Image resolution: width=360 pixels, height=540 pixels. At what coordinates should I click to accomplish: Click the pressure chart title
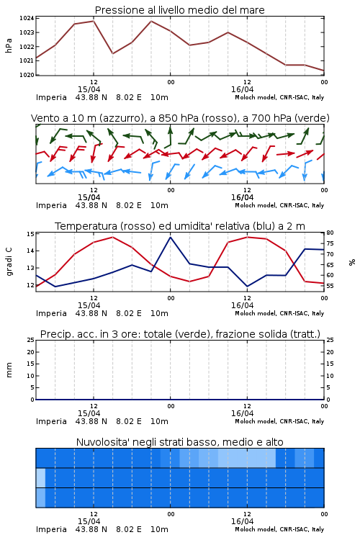[179, 10]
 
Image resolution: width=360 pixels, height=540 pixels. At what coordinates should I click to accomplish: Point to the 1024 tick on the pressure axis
[27, 18]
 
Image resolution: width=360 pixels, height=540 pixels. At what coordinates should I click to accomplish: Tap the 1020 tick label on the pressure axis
[27, 75]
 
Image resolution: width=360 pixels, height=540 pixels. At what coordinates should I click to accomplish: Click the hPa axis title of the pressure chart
[9, 46]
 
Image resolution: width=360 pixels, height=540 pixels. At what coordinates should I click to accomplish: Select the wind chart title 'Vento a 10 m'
[180, 118]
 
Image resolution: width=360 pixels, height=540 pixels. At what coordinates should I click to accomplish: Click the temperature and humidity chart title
[180, 226]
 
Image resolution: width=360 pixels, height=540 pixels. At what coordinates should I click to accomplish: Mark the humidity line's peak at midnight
[170, 237]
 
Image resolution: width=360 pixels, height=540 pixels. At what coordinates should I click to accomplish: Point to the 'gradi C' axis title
[9, 262]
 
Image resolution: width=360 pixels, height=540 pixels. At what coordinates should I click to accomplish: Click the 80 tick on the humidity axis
[330, 233]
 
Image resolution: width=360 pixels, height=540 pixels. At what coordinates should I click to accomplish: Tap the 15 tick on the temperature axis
[30, 234]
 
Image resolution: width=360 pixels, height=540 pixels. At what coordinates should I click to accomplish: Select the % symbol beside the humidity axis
[352, 262]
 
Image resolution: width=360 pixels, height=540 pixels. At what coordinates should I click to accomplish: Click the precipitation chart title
[180, 334]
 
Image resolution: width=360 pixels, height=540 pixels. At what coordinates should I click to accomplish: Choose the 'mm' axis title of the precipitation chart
[9, 370]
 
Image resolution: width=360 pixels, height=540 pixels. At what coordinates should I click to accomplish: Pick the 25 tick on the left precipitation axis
[30, 340]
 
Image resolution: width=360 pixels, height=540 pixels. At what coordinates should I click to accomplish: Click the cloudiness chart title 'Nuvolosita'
[180, 442]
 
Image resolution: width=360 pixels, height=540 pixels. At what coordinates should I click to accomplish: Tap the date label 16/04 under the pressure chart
[242, 89]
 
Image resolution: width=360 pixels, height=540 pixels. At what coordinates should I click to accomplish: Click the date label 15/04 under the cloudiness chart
[89, 521]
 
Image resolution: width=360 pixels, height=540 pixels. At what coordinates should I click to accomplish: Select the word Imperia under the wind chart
[51, 206]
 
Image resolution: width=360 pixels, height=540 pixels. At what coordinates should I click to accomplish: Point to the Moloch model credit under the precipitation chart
[279, 421]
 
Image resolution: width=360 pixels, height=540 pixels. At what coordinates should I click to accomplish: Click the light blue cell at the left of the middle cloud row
[40, 477]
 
